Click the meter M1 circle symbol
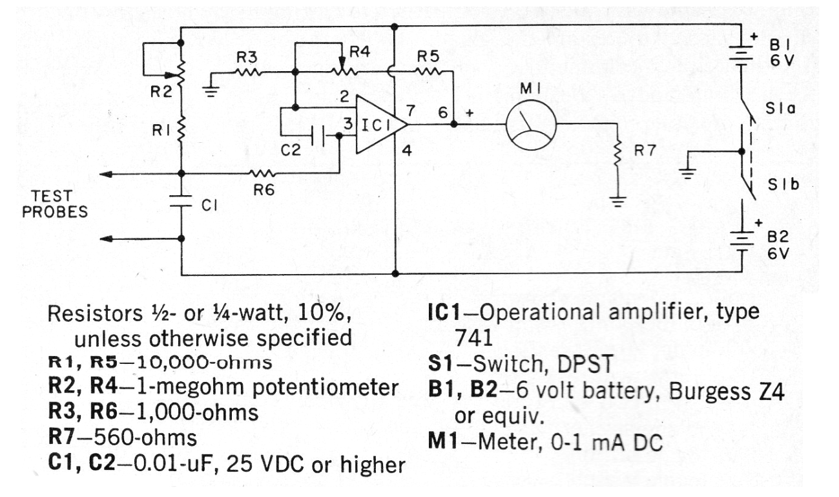tap(531, 125)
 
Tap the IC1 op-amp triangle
tap(381, 125)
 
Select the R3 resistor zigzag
tap(247, 72)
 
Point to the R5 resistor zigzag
tap(428, 71)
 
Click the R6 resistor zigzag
tap(263, 174)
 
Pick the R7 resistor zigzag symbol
tap(617, 152)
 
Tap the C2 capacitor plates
tap(318, 136)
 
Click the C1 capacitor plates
tap(181, 201)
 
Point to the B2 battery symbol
tap(740, 241)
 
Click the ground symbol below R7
tap(617, 202)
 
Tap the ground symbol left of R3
tap(211, 92)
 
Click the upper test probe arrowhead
tap(106, 174)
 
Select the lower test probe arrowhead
tap(106, 238)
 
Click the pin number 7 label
tap(411, 111)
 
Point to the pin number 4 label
tap(407, 151)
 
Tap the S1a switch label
tap(780, 109)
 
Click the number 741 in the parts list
tap(473, 338)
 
